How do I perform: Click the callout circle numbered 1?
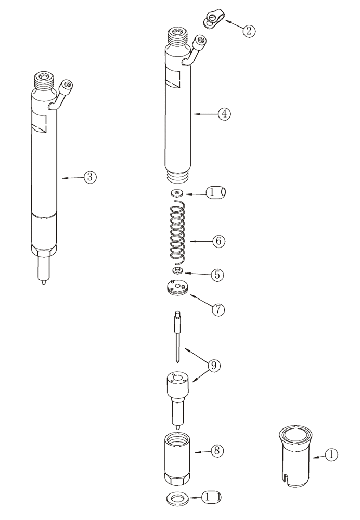pos(331,455)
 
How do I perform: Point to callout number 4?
pos(224,113)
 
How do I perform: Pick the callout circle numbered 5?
pos(218,274)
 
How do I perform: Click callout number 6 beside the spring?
pos(218,241)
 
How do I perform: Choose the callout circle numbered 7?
pos(217,309)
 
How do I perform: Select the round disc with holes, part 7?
pos(177,288)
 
